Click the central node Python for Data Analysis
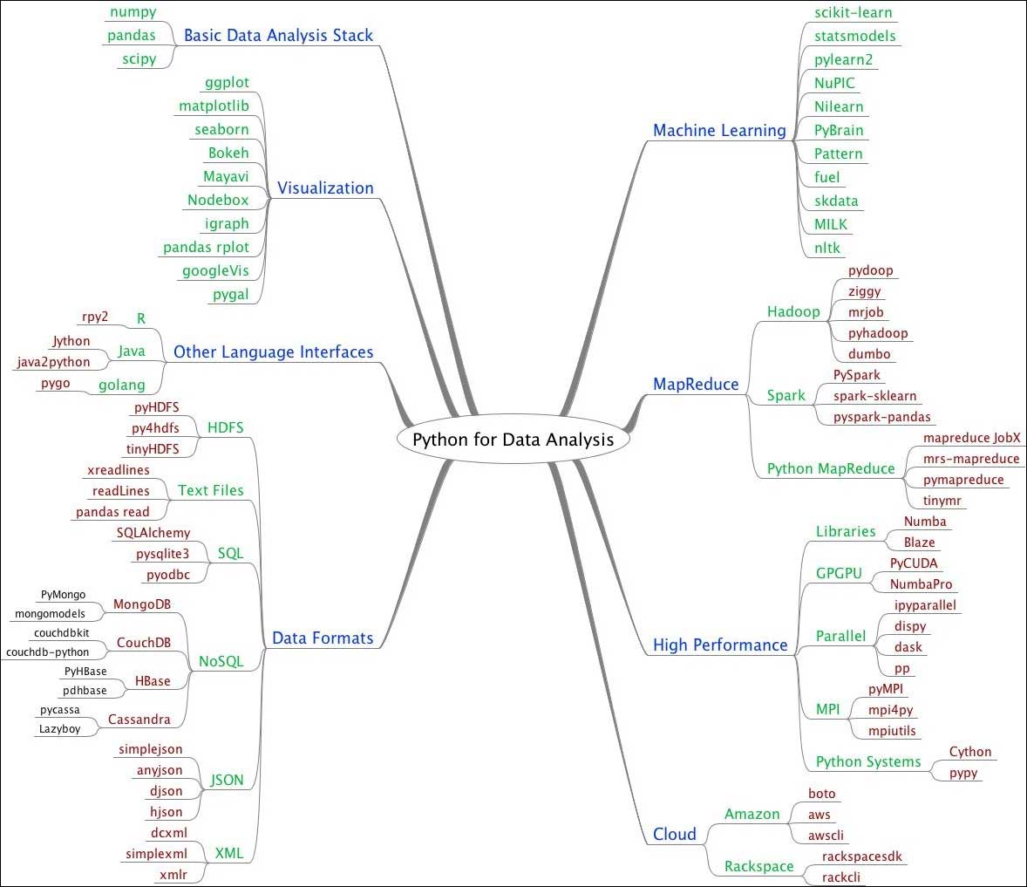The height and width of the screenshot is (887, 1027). (x=513, y=439)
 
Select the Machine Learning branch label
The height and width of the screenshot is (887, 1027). (x=719, y=131)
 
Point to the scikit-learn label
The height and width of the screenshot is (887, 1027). (x=854, y=12)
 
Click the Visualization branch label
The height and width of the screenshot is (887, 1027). (x=325, y=188)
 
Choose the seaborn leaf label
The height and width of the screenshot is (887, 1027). (x=221, y=129)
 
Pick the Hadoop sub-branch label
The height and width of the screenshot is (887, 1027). (x=793, y=311)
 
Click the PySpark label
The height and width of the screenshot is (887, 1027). (x=857, y=375)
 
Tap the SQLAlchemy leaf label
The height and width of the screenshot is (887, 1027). (x=153, y=532)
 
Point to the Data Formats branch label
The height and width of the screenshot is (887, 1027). (x=323, y=638)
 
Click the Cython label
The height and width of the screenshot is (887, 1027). (x=970, y=752)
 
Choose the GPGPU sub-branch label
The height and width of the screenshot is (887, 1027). (x=839, y=573)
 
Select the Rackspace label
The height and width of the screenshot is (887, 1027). (x=759, y=866)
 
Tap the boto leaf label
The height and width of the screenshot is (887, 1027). (x=821, y=794)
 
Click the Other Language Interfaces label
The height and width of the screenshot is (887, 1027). (x=273, y=351)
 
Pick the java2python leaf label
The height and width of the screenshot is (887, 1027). (x=53, y=362)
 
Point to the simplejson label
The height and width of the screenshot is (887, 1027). (x=151, y=749)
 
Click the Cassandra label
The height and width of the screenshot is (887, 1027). (x=139, y=720)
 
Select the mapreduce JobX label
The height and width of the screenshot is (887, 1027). (x=972, y=438)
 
